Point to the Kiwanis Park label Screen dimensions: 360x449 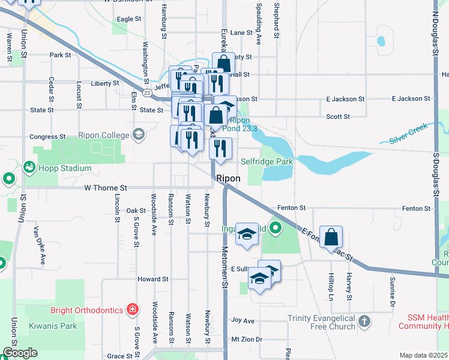52,326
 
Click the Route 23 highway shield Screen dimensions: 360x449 147,92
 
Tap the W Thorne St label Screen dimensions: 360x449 106,188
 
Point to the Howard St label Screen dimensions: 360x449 153,279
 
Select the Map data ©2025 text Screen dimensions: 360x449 423,355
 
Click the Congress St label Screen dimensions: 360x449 47,137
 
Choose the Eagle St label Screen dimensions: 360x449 129,19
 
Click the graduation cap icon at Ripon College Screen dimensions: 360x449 139,133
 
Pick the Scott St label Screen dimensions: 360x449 337,116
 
